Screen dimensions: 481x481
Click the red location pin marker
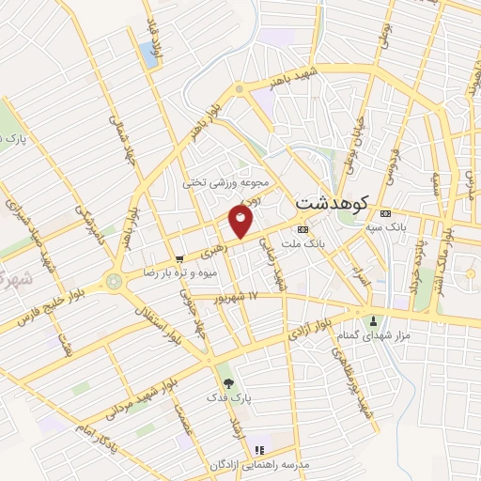[241, 222]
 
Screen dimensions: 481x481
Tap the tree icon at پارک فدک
[227, 382]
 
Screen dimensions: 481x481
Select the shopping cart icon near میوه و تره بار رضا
[178, 259]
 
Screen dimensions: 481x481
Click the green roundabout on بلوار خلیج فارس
[115, 280]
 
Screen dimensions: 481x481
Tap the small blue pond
[150, 54]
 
